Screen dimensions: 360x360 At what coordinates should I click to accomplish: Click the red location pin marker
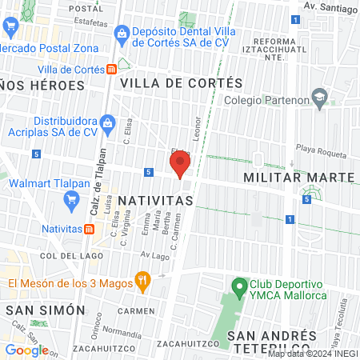coord(179,165)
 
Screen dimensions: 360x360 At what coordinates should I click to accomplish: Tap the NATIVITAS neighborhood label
coord(155,199)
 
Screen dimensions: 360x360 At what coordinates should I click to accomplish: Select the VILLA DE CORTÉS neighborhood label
coord(181,83)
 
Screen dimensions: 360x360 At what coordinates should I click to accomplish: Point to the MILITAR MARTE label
coord(298,176)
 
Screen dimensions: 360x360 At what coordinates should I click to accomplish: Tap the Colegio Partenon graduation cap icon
coord(320,99)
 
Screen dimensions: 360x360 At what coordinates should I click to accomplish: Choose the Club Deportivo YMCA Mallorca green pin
coord(238,285)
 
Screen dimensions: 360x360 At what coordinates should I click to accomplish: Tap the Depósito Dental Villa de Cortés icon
coord(121,33)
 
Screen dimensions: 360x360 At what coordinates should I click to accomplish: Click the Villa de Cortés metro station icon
coord(110,69)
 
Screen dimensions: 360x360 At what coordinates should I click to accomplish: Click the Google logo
coord(26,350)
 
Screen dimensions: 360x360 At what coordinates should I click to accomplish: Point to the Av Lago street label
coord(155,256)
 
